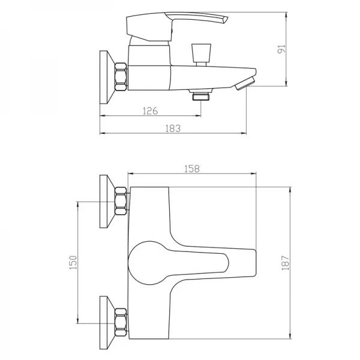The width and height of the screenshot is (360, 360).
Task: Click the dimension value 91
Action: click(281, 49)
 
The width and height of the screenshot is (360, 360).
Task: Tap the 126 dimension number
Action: click(151, 111)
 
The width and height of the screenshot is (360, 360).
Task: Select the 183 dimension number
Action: click(173, 128)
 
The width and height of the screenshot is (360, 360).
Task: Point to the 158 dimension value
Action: click(192, 169)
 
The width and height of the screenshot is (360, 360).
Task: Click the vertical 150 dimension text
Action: click(73, 262)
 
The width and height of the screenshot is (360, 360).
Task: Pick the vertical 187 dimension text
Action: click(286, 263)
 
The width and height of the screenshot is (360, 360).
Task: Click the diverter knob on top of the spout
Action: click(201, 55)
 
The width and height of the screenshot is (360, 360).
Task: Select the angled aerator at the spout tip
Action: click(245, 83)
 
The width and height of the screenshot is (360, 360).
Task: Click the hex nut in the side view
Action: click(121, 76)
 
